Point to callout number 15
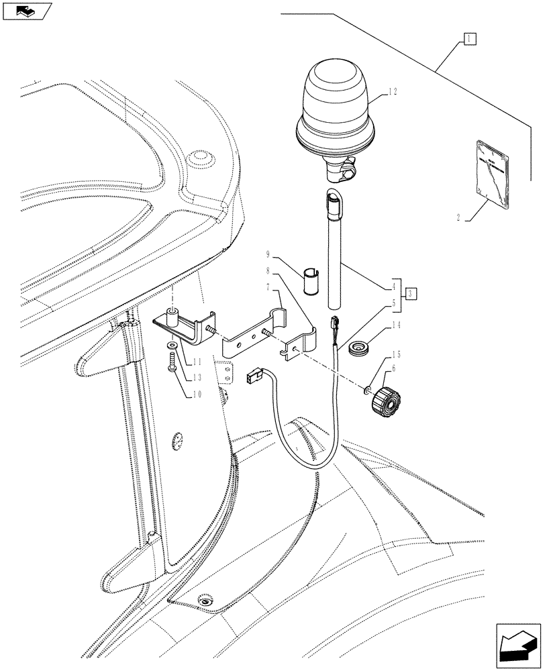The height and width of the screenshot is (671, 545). (397, 354)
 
